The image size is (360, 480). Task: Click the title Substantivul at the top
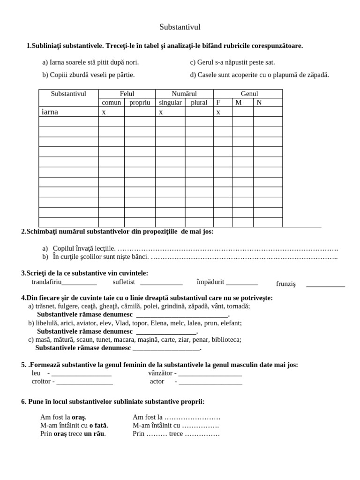tap(180, 27)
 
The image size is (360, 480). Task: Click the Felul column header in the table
tap(127, 94)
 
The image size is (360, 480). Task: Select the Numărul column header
tap(184, 94)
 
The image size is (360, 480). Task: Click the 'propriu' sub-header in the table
tap(140, 102)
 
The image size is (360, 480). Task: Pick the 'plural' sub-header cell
tap(199, 102)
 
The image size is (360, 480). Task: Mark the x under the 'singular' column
tap(161, 112)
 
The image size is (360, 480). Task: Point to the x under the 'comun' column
tap(104, 112)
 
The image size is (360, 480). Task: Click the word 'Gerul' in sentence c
tap(206, 62)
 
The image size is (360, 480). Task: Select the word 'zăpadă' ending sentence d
tap(317, 75)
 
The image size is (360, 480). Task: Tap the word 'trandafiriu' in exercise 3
tap(46, 282)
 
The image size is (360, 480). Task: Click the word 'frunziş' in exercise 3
tap(286, 284)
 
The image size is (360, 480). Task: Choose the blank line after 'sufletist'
tap(161, 283)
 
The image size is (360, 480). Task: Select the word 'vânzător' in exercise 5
tap(160, 373)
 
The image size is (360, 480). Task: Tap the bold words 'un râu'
tap(95, 434)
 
